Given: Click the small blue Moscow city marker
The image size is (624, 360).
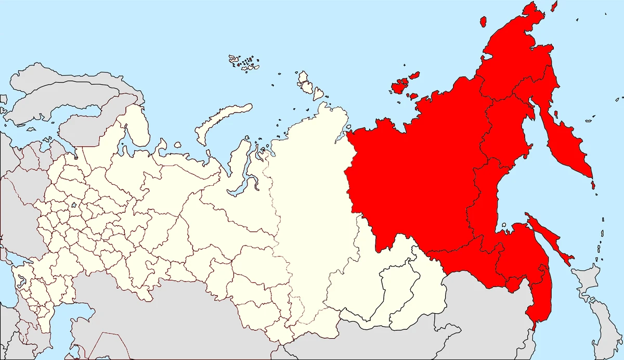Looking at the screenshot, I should pyautogui.click(x=74, y=205).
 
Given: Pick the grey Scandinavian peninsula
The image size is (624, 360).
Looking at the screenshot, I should pyautogui.click(x=52, y=99).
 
